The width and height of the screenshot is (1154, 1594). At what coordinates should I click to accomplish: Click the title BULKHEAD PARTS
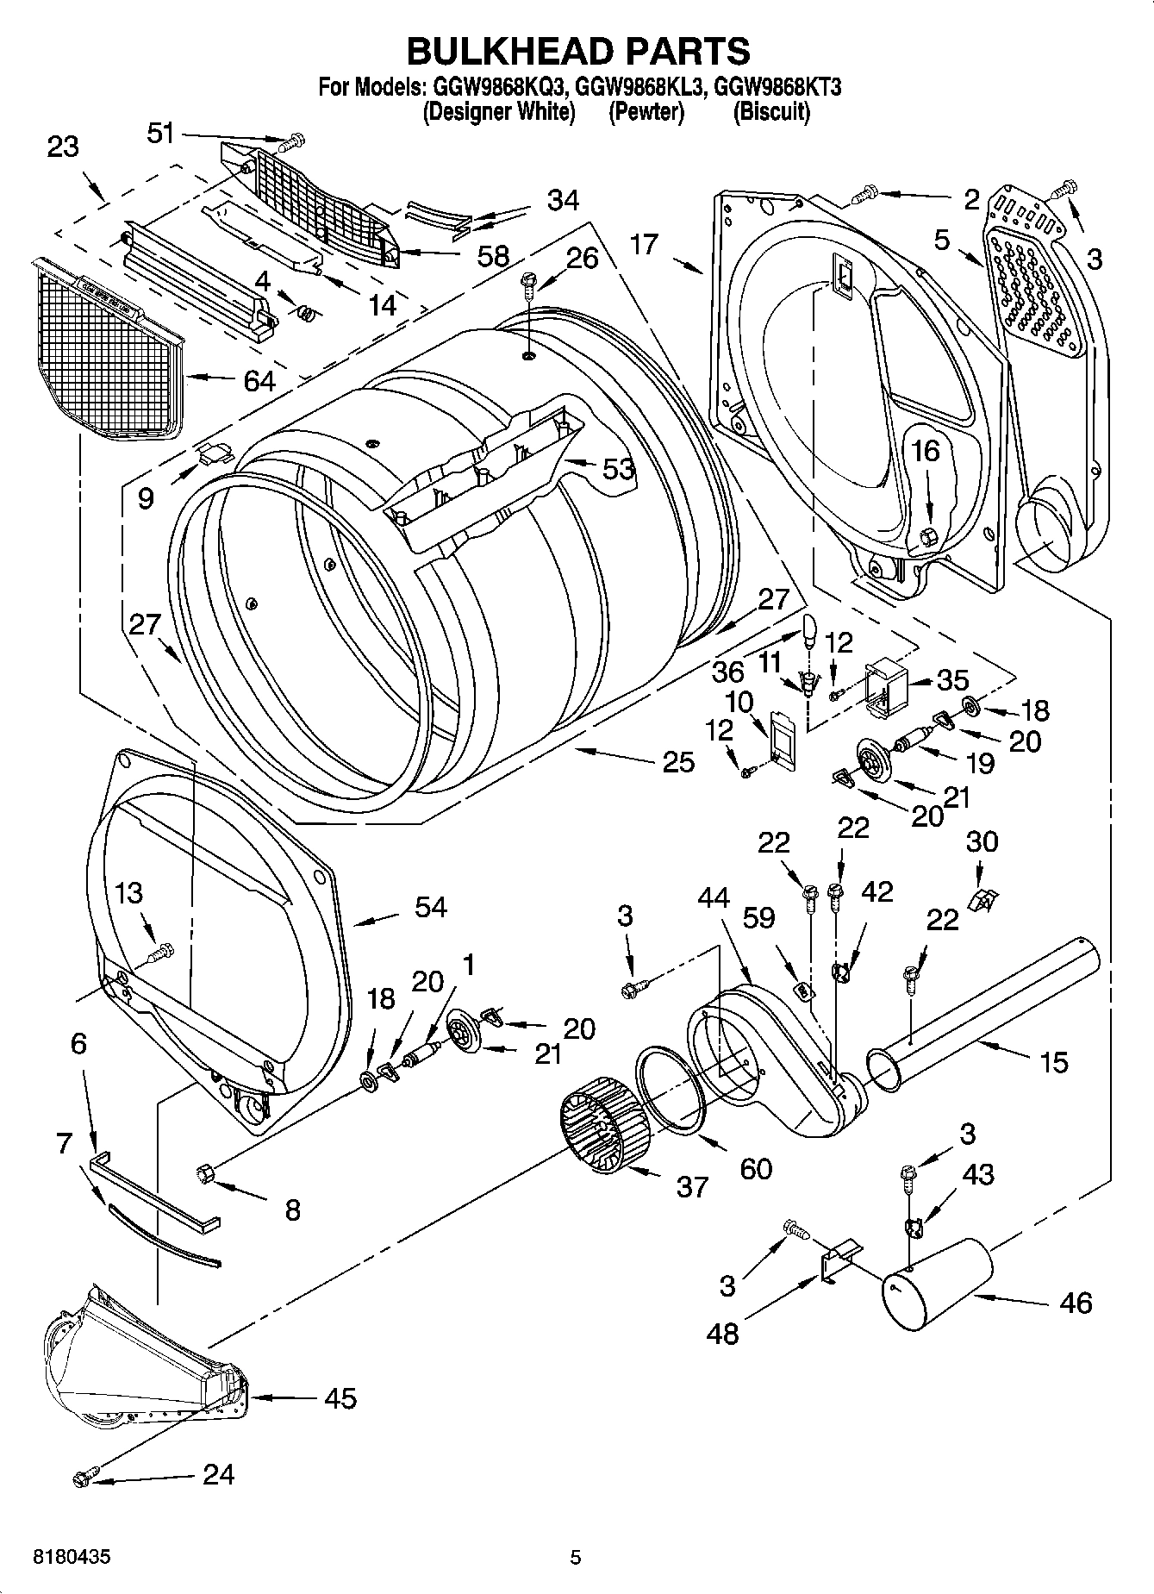coord(577,51)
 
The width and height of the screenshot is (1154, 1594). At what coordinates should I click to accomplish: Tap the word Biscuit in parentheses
coord(771,112)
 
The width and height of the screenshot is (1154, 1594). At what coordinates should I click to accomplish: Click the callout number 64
coord(259,380)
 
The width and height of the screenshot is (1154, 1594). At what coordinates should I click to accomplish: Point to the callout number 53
coord(618,469)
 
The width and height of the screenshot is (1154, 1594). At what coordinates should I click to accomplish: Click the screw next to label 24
coord(84,1478)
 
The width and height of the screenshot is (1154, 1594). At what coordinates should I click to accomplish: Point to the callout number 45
coord(340,1398)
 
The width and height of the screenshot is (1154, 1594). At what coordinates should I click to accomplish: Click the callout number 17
coord(644,244)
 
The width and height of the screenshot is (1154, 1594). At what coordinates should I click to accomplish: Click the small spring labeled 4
coord(305,315)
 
